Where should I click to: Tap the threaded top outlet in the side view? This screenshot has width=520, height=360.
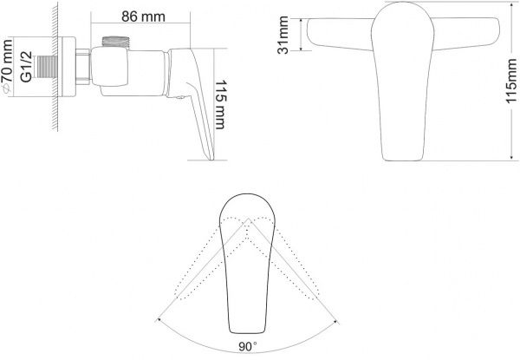114,41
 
